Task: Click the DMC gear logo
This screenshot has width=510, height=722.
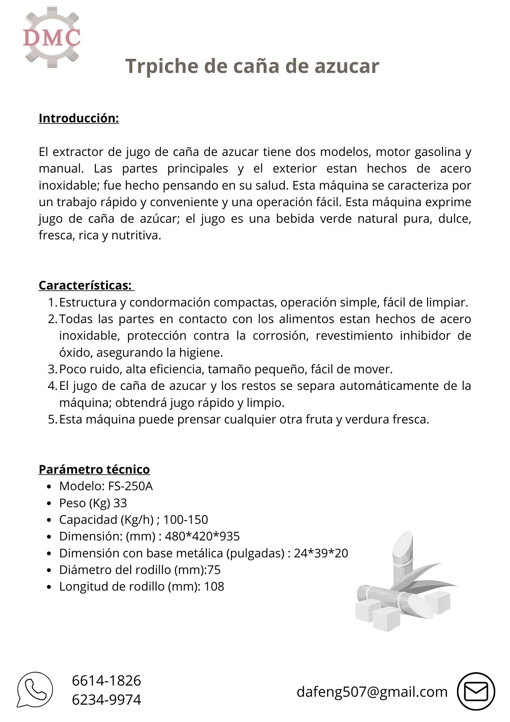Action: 52,37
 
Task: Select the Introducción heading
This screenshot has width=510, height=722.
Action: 79,118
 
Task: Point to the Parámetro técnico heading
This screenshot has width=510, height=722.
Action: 94,469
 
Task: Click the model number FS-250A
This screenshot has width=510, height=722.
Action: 130,486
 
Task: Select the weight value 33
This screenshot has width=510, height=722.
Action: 120,503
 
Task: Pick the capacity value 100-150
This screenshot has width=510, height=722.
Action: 185,519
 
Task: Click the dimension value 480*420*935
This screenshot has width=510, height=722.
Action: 202,536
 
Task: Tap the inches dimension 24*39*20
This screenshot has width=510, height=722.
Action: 321,553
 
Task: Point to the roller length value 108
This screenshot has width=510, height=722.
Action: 214,586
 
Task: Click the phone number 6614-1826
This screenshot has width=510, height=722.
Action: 106,680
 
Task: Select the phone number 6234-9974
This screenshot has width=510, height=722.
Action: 106,700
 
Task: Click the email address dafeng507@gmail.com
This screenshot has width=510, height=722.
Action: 372,692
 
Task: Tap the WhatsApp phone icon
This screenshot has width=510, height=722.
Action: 35,690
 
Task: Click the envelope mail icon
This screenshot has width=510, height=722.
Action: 476,692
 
